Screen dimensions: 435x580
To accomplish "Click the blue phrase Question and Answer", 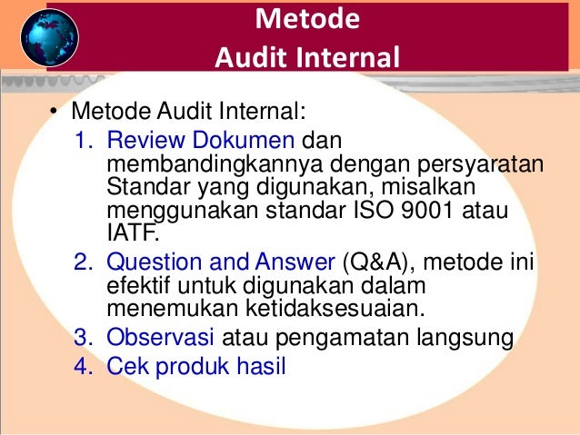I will (x=221, y=262).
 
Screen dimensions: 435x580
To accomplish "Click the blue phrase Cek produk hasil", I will (x=196, y=368).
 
